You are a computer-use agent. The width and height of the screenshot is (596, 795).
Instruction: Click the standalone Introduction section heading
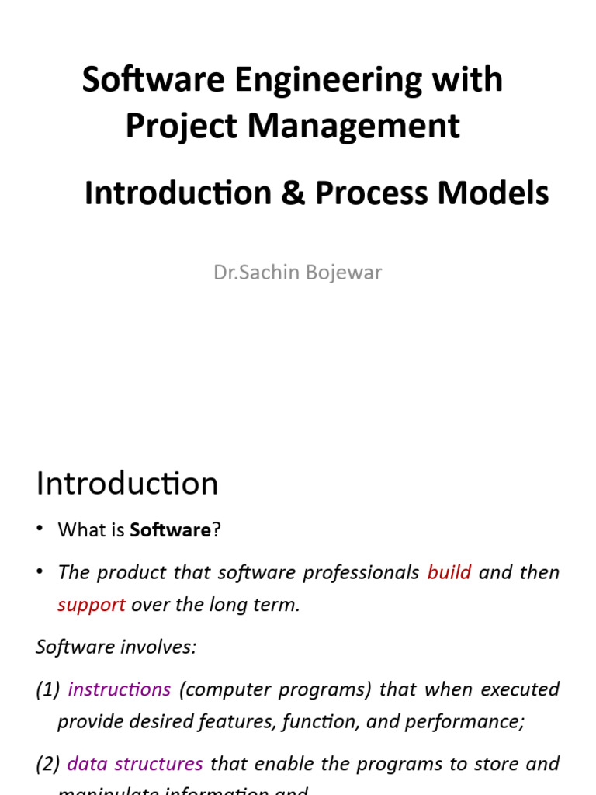click(x=126, y=484)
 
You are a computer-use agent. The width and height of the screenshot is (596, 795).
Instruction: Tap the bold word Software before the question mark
click(x=170, y=530)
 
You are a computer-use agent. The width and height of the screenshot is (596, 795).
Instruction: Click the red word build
click(x=449, y=572)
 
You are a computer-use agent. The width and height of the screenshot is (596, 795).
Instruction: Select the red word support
click(x=91, y=605)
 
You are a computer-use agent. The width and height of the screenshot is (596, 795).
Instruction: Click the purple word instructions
click(x=119, y=689)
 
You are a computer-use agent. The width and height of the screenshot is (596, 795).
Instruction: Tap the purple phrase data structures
click(x=135, y=764)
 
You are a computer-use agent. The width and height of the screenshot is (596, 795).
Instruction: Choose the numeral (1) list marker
click(x=47, y=689)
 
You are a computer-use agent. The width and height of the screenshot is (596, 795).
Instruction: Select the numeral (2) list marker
click(x=47, y=764)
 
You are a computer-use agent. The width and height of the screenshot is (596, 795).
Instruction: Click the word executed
click(x=520, y=689)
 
